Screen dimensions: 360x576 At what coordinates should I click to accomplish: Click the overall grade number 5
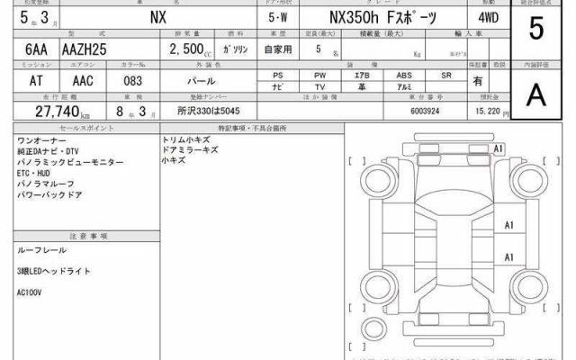tap(536, 30)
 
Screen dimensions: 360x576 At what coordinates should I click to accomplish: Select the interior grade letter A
tap(536, 93)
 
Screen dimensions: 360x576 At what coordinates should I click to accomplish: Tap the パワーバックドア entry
tap(49, 194)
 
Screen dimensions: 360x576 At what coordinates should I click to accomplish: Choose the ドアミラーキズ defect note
tap(190, 151)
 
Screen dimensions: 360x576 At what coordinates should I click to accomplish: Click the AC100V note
tap(30, 292)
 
